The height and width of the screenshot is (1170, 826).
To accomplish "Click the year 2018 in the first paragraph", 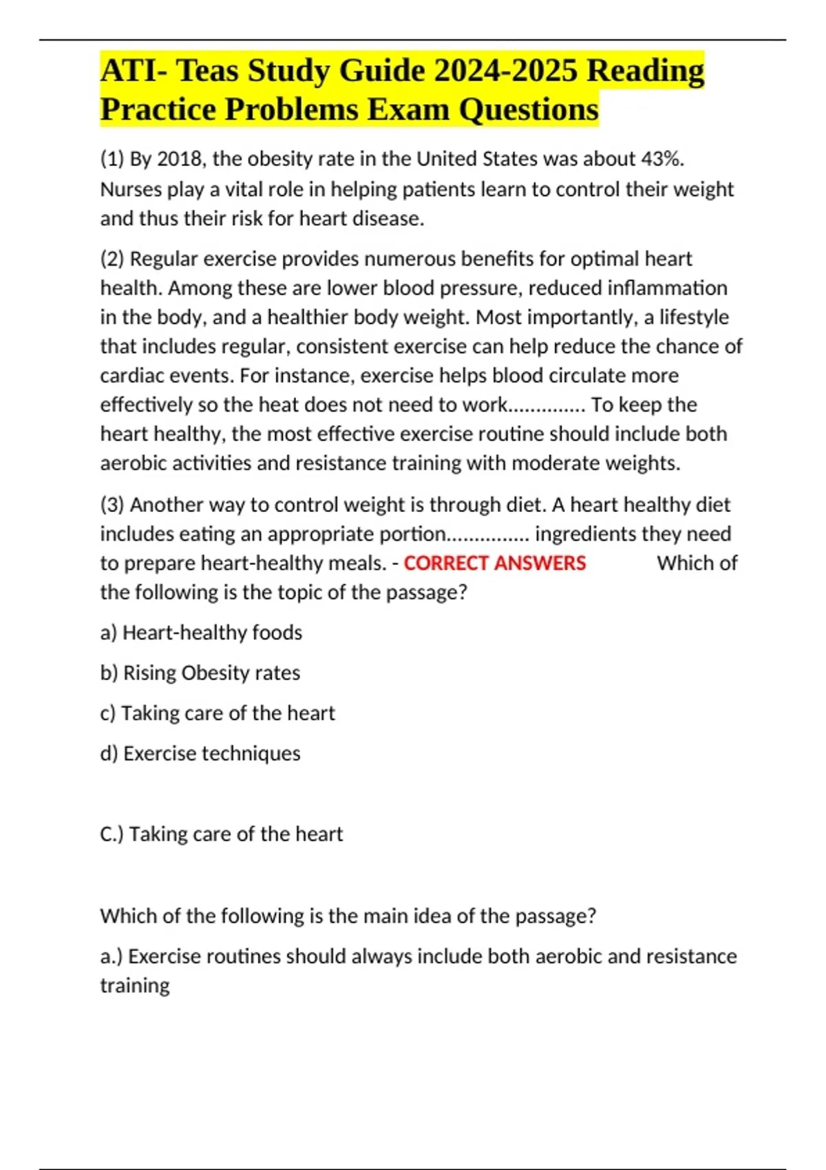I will click(180, 159).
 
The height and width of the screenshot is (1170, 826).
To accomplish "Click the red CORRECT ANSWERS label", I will click(494, 563).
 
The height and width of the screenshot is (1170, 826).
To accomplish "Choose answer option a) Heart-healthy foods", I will click(201, 632).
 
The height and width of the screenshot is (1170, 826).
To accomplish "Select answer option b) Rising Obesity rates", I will click(200, 672).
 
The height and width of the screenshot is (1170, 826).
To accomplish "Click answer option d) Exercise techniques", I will click(200, 754).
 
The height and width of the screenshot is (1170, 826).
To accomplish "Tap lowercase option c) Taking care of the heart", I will click(218, 713).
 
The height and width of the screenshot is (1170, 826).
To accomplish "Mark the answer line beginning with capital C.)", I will click(221, 834).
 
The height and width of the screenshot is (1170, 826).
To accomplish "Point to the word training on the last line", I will click(135, 986).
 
